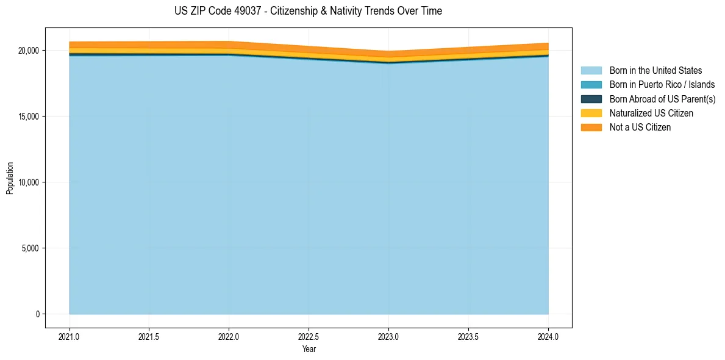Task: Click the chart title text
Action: pyautogui.click(x=308, y=11)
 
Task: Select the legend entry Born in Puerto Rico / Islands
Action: pyautogui.click(x=662, y=85)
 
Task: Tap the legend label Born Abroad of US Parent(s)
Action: pyautogui.click(x=662, y=99)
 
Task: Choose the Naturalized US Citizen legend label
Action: pyautogui.click(x=651, y=113)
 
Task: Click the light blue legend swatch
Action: pyautogui.click(x=591, y=71)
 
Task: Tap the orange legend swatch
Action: pyautogui.click(x=591, y=128)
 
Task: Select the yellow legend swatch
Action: pyautogui.click(x=591, y=113)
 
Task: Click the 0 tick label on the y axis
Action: pyautogui.click(x=37, y=314)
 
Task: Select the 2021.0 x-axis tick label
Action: pyautogui.click(x=70, y=336)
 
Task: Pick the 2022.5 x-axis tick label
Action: pyautogui.click(x=309, y=336)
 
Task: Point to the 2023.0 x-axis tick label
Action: pyautogui.click(x=388, y=336)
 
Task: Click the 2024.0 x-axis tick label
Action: pyautogui.click(x=548, y=336)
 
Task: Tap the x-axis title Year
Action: pyautogui.click(x=309, y=349)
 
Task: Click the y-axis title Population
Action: pyautogui.click(x=10, y=178)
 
